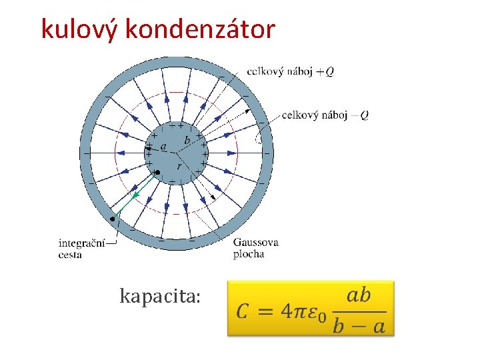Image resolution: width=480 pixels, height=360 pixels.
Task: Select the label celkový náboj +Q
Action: point(290,71)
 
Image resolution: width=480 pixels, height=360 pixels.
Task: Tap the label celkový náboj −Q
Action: point(325,115)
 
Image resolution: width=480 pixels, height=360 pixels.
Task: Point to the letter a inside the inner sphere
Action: point(163,146)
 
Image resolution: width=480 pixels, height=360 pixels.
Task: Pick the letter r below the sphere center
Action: point(179,165)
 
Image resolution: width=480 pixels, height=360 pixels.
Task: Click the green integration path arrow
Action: point(136,195)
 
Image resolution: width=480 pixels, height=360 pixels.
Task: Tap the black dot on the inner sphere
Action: point(158,173)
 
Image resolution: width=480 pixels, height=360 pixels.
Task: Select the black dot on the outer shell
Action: point(113,219)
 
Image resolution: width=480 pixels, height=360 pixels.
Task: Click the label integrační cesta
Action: point(81,249)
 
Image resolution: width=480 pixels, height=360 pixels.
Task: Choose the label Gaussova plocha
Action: point(255,247)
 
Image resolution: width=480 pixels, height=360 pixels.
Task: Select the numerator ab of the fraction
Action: point(359,295)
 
